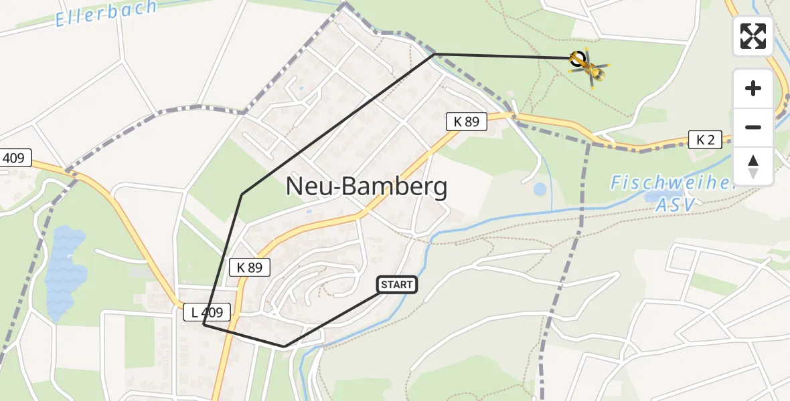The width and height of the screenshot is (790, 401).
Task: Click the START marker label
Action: point(397,285)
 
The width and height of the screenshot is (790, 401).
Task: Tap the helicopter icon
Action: point(588,66)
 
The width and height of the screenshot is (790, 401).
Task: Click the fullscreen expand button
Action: point(753,36)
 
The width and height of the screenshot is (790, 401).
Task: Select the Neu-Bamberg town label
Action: point(366,186)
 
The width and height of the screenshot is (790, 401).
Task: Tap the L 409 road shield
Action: point(207,311)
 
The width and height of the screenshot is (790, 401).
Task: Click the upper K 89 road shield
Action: point(467,122)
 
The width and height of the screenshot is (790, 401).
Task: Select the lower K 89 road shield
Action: point(249,267)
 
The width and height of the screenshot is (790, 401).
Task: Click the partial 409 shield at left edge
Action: point(13,158)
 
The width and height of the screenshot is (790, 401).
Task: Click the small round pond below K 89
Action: point(540,189)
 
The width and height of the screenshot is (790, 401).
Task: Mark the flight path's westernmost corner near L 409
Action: point(203,325)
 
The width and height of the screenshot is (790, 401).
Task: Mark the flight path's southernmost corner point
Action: point(285,346)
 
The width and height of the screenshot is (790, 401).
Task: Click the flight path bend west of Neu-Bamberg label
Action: point(242,194)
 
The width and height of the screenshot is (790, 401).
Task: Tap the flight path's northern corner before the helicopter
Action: point(435,53)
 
